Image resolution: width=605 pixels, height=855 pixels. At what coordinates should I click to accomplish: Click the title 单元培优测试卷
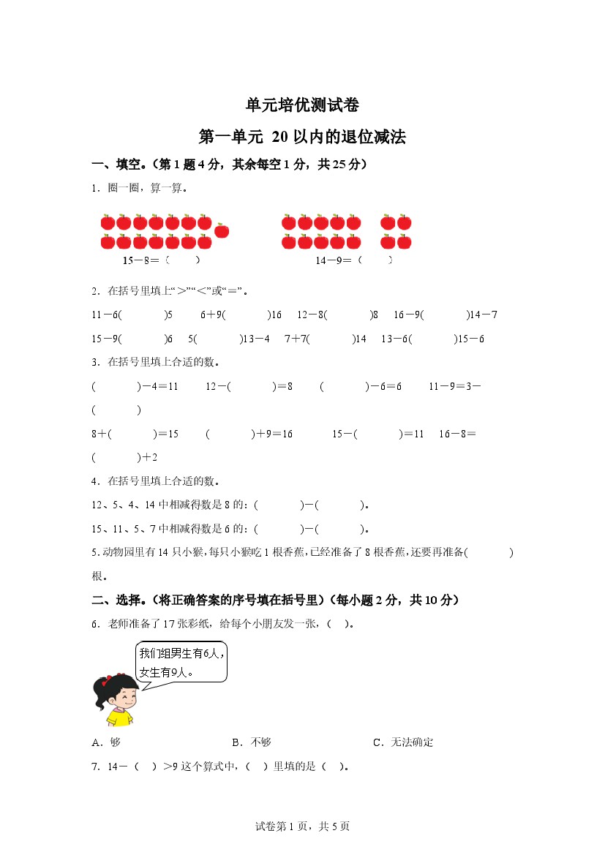[x=302, y=105]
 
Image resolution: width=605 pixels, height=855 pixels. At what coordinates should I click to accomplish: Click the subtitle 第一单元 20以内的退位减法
[x=302, y=137]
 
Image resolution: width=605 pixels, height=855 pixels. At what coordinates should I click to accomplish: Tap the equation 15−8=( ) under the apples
[x=162, y=260]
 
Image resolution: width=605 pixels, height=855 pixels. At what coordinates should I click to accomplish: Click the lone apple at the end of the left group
[x=222, y=231]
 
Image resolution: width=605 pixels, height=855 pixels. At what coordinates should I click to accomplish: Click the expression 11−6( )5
[x=132, y=315]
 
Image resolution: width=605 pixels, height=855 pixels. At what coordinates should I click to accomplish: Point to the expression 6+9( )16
[x=241, y=315]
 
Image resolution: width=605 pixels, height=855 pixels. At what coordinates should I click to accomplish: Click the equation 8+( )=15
[x=135, y=434]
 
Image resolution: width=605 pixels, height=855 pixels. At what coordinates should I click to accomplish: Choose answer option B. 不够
[x=252, y=742]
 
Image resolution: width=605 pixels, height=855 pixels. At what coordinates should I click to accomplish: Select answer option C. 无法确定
[x=403, y=742]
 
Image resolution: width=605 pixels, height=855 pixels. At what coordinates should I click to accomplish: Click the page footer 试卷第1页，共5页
[x=302, y=826]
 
